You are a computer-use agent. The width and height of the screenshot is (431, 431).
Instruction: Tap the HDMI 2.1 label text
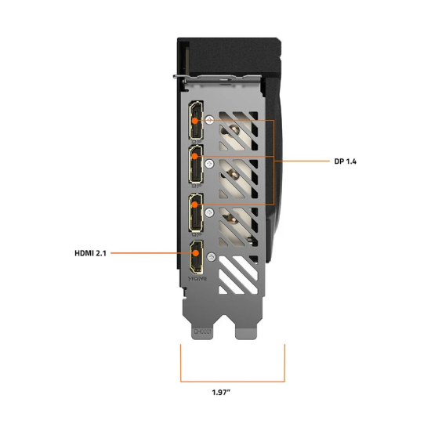pos(91,252)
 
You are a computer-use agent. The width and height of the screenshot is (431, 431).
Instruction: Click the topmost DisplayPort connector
pos(194,121)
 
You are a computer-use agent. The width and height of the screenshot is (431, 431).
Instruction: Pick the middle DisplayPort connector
pos(194,165)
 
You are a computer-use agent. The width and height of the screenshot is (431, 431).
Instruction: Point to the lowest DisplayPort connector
pos(194,211)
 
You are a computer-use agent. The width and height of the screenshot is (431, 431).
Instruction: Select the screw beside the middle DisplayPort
pos(209,163)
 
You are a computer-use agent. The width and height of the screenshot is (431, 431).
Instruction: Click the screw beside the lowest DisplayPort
pos(209,211)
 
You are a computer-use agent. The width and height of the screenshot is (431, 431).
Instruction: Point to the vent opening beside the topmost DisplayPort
pos(238,129)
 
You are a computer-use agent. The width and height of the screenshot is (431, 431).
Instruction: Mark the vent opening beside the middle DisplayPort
pos(238,176)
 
